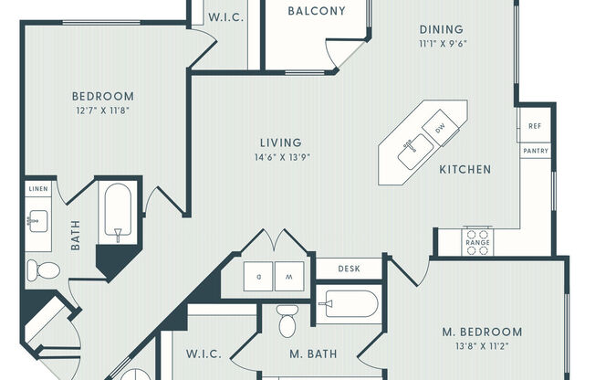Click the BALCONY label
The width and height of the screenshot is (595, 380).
[317, 11]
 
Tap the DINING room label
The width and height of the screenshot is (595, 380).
[442, 29]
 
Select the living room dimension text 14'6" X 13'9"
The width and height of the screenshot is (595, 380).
[283, 157]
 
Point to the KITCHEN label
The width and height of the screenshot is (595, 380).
[465, 169]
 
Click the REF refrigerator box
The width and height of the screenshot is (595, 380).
[535, 125]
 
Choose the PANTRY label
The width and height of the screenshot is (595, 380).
[536, 151]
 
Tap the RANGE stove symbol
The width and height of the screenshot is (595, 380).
[477, 242]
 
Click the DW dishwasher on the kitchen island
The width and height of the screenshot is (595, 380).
[440, 128]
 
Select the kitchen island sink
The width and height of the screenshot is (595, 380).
[415, 151]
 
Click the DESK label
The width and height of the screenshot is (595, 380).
[350, 269]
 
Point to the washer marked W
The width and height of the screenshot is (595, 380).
[289, 276]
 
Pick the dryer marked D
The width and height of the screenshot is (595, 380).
[258, 276]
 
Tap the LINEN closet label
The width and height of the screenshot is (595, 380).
[38, 189]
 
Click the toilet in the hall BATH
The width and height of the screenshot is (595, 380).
[43, 270]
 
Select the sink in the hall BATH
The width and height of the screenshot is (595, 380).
[38, 221]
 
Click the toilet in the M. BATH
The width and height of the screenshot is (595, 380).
[287, 322]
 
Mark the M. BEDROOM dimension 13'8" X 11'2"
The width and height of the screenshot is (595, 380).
[482, 346]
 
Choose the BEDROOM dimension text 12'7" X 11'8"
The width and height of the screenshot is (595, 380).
[103, 111]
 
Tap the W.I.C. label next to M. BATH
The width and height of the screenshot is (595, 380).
[204, 354]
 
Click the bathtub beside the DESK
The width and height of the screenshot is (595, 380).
[350, 304]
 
